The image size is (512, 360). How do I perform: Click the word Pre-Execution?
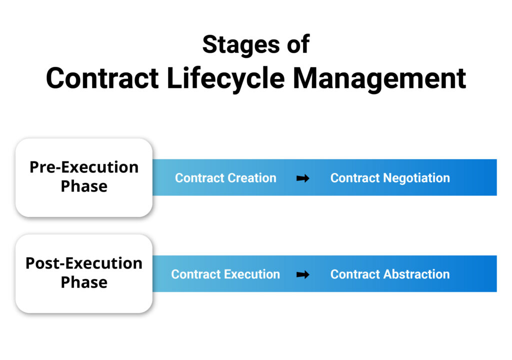pyautogui.click(x=84, y=167)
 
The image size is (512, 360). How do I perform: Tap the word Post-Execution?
pyautogui.click(x=84, y=263)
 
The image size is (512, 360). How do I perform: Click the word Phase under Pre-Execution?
pyautogui.click(x=84, y=186)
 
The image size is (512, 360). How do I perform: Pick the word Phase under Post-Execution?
pyautogui.click(x=84, y=282)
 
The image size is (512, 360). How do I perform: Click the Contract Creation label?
pyautogui.click(x=225, y=178)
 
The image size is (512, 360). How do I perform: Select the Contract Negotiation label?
pyautogui.click(x=390, y=178)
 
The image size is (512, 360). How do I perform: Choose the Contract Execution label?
pyautogui.click(x=225, y=274)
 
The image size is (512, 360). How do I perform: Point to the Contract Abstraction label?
pyautogui.click(x=390, y=274)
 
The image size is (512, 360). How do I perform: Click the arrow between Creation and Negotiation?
pyautogui.click(x=302, y=178)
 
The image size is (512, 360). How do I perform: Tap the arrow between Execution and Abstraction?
pyautogui.click(x=302, y=274)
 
